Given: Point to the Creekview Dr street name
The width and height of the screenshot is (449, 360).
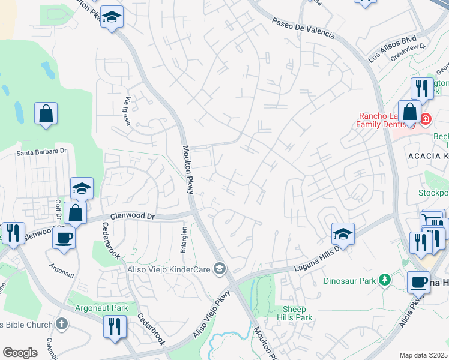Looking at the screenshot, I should pos(408,53).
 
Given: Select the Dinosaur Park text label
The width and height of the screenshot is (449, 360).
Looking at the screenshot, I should pos(349,280).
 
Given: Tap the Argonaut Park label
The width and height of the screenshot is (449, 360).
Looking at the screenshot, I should pos(102,308).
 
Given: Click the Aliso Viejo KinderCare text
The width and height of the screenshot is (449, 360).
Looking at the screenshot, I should pos(170,269).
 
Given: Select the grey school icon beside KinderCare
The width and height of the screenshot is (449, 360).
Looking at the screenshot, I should pos(220,269).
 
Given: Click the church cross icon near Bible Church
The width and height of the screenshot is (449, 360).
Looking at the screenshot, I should pos(61,324).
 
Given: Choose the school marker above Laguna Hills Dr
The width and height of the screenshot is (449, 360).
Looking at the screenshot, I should pos(343,233).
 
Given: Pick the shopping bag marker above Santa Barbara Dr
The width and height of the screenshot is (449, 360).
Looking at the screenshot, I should pos(46,113).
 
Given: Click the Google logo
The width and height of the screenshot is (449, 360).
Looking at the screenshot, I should pos(20,353).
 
